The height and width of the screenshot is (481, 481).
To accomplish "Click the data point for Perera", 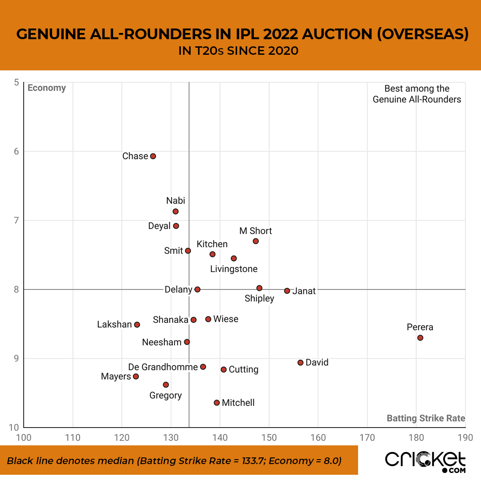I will tap(420, 338).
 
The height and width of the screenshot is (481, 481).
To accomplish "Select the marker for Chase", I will tap(153, 156).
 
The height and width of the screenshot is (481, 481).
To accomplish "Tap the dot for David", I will tap(300, 363).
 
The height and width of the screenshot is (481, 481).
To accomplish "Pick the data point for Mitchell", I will tap(217, 403).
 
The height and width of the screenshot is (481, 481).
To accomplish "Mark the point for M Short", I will tap(256, 241).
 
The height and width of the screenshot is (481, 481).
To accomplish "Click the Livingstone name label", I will tap(234, 269).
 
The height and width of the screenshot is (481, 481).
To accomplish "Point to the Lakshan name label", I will tap(114, 325).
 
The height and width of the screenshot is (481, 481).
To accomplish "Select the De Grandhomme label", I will tap(163, 367).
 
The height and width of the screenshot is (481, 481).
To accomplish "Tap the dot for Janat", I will tap(287, 291).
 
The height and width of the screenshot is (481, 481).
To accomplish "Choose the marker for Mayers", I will tap(136, 376).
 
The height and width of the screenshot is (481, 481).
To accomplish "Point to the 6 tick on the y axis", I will tap(16, 151).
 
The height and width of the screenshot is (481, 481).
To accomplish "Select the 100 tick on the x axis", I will tap(24, 437).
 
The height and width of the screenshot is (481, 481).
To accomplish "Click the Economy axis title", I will tap(47, 88).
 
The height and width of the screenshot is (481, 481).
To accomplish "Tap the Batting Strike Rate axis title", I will tap(426, 418).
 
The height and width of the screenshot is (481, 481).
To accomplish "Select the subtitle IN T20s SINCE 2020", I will tap(238, 51).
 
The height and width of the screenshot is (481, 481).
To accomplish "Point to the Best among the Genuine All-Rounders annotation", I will tap(417, 94).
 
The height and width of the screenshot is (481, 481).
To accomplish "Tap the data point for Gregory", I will tap(166, 384).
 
